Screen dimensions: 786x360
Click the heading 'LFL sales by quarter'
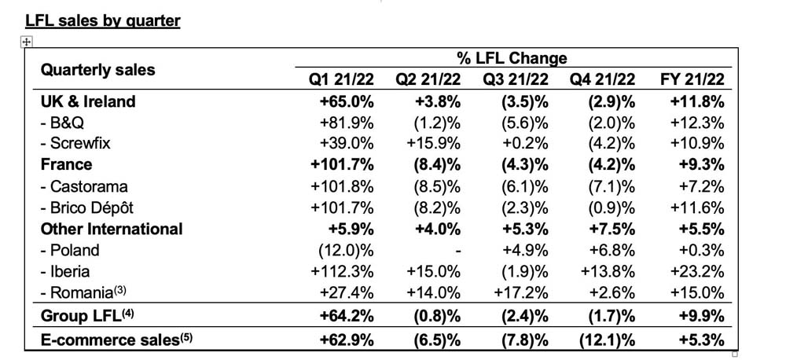point(102,20)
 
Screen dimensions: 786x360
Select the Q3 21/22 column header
point(516,79)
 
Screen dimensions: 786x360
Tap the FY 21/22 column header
point(692,79)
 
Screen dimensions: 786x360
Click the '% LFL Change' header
point(512,58)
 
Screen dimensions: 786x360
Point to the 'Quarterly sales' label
point(97,70)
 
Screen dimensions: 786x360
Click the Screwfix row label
point(75,143)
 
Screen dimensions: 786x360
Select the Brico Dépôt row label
point(87,208)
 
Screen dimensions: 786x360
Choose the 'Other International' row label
point(112,230)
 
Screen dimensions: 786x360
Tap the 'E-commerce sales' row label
point(117,340)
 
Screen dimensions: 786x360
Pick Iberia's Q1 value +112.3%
point(343,272)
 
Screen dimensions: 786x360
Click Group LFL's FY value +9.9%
point(699,317)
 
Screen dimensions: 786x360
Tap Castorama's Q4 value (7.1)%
point(612,186)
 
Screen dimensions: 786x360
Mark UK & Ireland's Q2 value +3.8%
point(435,101)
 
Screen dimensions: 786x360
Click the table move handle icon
point(27,42)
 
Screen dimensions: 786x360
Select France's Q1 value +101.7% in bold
point(343,165)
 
